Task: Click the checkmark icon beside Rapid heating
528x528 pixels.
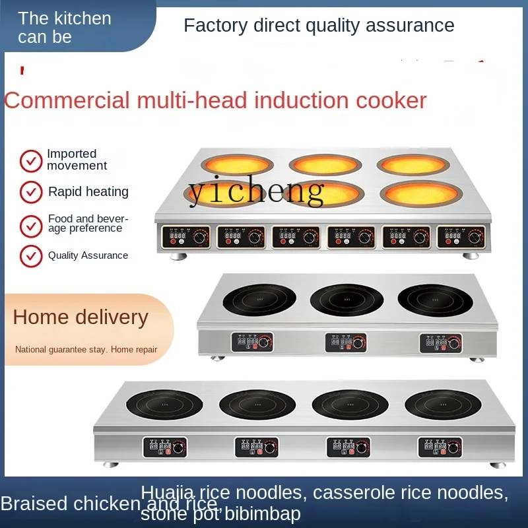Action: (31, 192)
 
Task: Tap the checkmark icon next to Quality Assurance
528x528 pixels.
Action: (31, 256)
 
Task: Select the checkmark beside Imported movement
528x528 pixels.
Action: (31, 160)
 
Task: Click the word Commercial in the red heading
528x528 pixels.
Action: (67, 101)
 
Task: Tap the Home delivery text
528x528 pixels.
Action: (81, 317)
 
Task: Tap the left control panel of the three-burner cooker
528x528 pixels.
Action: (251, 342)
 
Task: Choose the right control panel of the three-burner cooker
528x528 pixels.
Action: (441, 342)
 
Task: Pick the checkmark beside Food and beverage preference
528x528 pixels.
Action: (31, 225)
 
